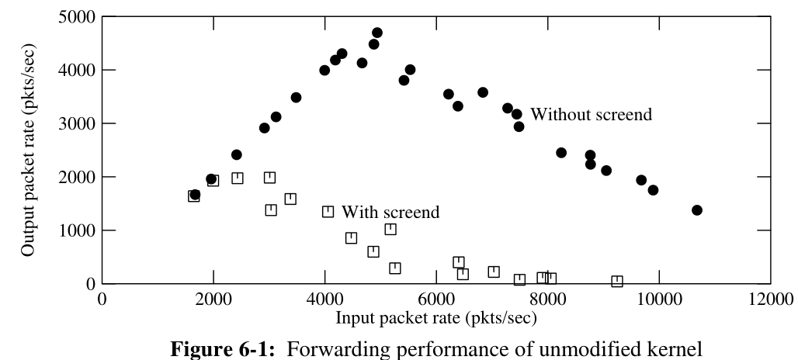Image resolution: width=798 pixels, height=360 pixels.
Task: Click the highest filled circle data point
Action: click(x=376, y=33)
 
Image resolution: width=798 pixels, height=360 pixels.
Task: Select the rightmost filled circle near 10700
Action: click(x=696, y=210)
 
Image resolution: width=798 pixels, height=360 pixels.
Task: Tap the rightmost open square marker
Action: click(x=616, y=281)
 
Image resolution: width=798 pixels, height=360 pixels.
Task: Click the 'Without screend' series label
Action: click(x=591, y=115)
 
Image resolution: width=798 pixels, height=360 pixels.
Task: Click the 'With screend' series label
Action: click(x=390, y=211)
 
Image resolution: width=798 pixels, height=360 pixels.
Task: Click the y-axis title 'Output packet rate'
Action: click(x=28, y=149)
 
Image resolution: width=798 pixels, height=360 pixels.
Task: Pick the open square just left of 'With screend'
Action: click(x=328, y=211)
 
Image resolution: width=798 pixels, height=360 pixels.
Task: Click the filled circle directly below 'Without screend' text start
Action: click(x=519, y=126)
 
